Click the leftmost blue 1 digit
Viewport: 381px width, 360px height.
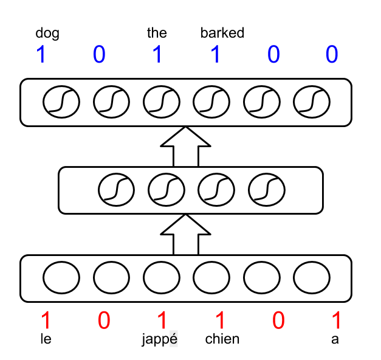(41, 55)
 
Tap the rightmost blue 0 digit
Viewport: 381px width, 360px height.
(331, 55)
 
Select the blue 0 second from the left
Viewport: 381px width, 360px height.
(100, 55)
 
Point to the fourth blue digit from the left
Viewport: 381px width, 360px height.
(215, 55)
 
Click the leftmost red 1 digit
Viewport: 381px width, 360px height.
(46, 320)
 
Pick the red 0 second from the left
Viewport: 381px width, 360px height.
(104, 320)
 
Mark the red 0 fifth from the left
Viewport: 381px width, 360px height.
(278, 320)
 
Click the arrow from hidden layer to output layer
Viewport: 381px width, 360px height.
(186, 148)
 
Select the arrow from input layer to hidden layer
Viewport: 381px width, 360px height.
(186, 236)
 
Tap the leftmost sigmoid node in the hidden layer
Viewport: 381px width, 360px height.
(116, 190)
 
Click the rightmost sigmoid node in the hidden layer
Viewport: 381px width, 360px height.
(266, 190)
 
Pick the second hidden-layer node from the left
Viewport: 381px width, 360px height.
(166, 190)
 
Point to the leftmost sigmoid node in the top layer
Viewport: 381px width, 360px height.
(61, 102)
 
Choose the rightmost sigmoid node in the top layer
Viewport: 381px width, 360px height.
(312, 102)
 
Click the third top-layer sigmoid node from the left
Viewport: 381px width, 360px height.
(162, 102)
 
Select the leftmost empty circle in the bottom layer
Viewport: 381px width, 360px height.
(61, 279)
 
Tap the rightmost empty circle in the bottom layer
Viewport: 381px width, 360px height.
(312, 279)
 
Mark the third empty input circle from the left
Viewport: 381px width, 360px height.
(162, 279)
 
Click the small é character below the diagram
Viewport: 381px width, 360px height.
(174, 339)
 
